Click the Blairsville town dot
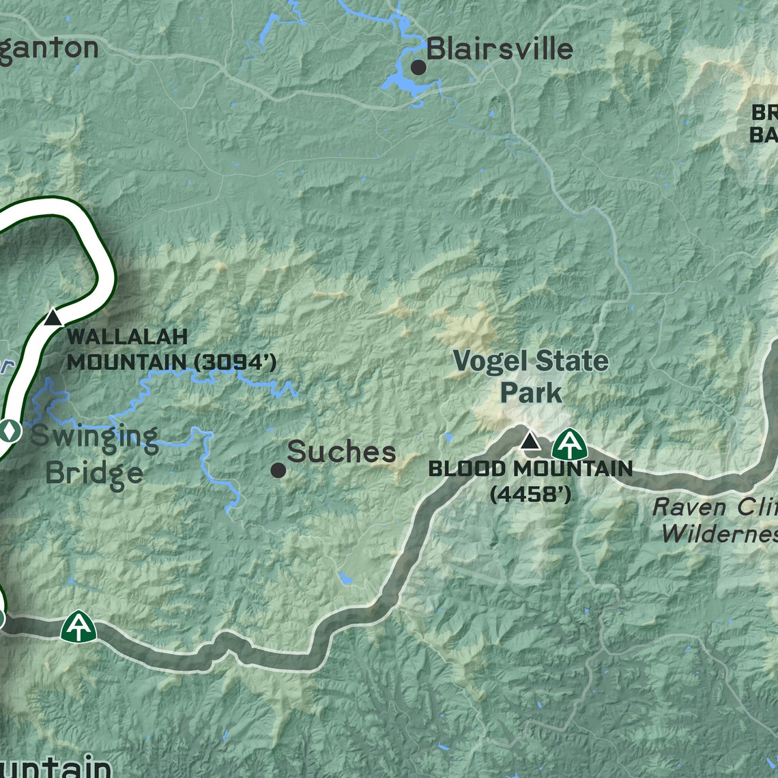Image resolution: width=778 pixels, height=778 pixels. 418,67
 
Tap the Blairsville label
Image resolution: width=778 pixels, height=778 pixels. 500,49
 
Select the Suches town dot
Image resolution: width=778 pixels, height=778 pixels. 278,470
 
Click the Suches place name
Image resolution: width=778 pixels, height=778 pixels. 341,452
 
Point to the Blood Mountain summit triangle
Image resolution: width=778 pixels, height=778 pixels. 530,441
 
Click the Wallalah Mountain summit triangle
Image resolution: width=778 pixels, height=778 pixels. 53,317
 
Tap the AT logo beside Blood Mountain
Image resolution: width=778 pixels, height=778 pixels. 568,444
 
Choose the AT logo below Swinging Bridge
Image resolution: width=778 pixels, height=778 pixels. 78,626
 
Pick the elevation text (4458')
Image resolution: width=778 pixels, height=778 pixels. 530,494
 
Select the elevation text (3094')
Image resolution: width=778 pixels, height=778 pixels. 235,362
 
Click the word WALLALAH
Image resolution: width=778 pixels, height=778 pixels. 128,336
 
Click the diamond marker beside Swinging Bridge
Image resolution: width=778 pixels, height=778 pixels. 9,431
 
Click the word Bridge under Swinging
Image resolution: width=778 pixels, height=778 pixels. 95,472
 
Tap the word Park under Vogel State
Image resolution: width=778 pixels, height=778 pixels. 531,393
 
